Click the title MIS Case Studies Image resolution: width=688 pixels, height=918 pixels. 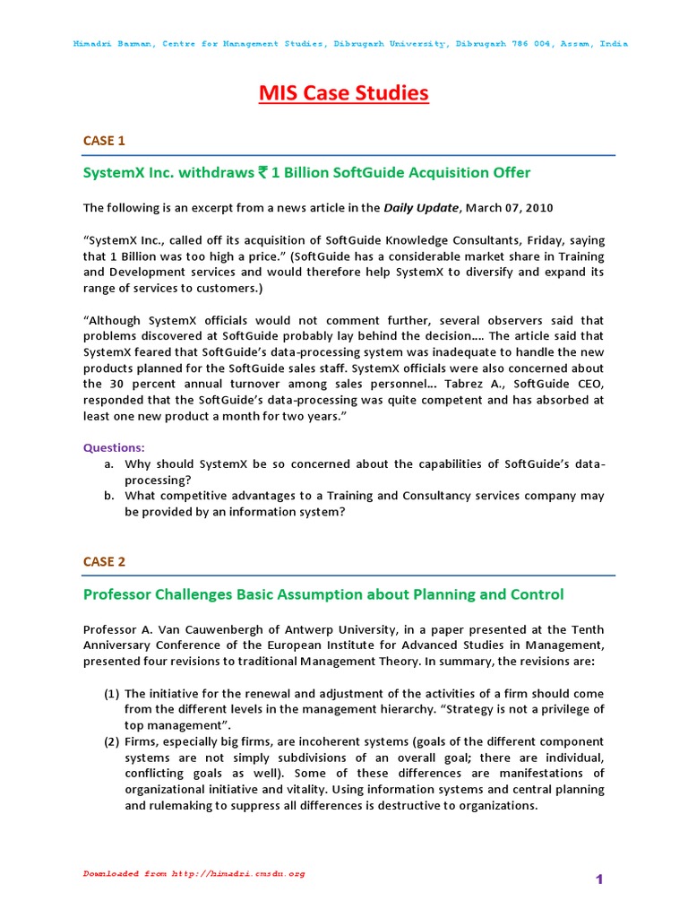(344, 93)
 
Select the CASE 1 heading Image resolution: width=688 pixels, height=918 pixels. (105, 141)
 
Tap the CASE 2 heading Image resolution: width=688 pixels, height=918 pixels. (105, 561)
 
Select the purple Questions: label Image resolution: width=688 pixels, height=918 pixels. (114, 447)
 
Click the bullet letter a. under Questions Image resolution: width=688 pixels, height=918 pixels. (108, 463)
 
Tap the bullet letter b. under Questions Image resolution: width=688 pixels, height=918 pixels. (108, 496)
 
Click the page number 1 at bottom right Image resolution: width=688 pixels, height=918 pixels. (600, 880)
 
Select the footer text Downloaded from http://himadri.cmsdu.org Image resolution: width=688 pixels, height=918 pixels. (194, 873)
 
